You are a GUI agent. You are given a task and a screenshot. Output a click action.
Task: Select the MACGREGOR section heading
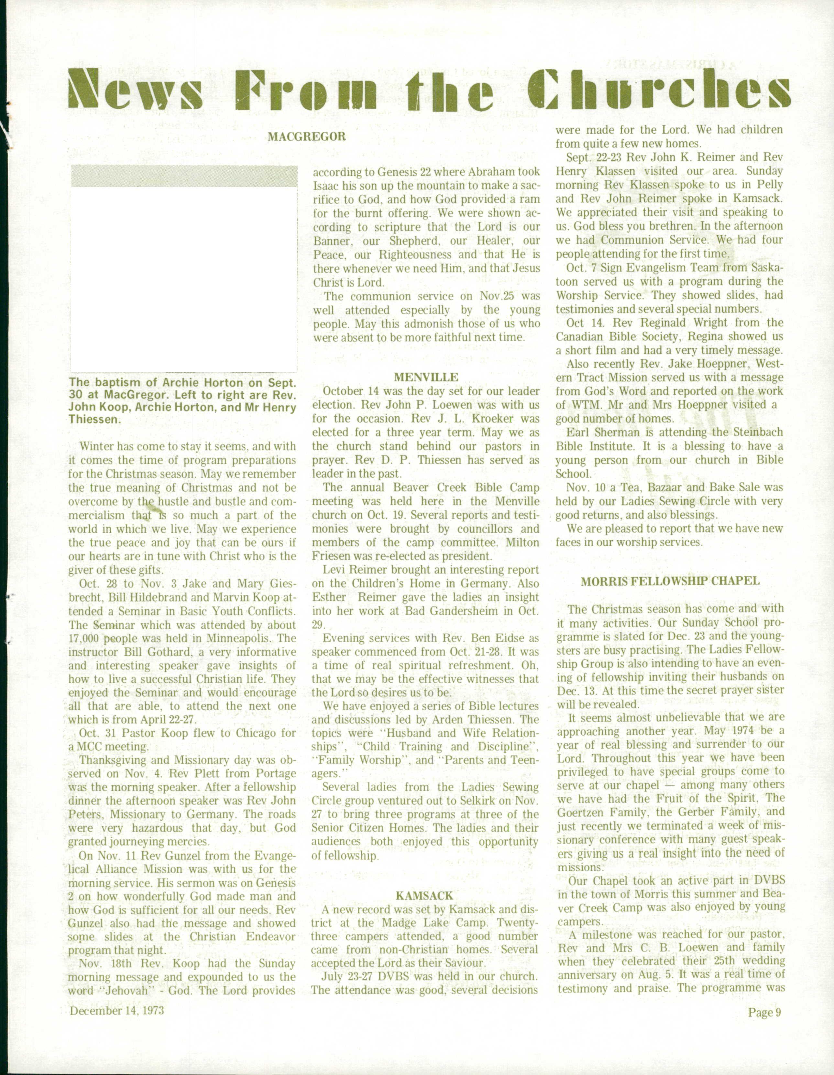[x=306, y=136]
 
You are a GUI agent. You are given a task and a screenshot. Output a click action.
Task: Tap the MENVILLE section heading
[x=426, y=377]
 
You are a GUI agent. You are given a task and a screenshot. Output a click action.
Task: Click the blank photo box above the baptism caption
[x=184, y=278]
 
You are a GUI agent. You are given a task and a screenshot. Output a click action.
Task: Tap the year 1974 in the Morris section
[x=744, y=731]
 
